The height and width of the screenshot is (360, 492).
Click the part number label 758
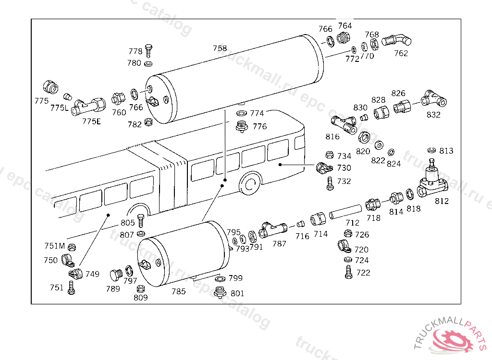220,48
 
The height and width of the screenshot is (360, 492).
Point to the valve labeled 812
431,184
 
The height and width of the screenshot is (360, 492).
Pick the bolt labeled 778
148,49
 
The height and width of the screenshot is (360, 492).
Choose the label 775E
91,121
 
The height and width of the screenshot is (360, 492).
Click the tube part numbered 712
345,211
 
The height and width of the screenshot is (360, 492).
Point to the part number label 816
332,136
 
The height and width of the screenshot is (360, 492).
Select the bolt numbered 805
141,221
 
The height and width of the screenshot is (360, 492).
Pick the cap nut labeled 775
50,86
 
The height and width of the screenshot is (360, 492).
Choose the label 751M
54,246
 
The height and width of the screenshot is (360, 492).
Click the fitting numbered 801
220,292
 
